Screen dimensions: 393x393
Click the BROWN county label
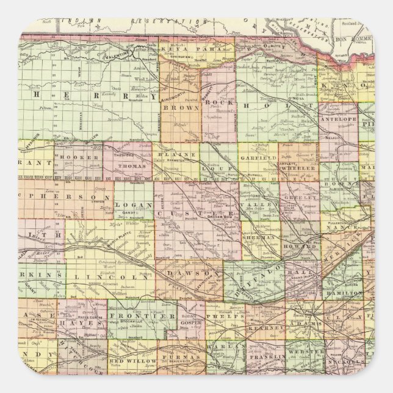pos(181,114)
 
